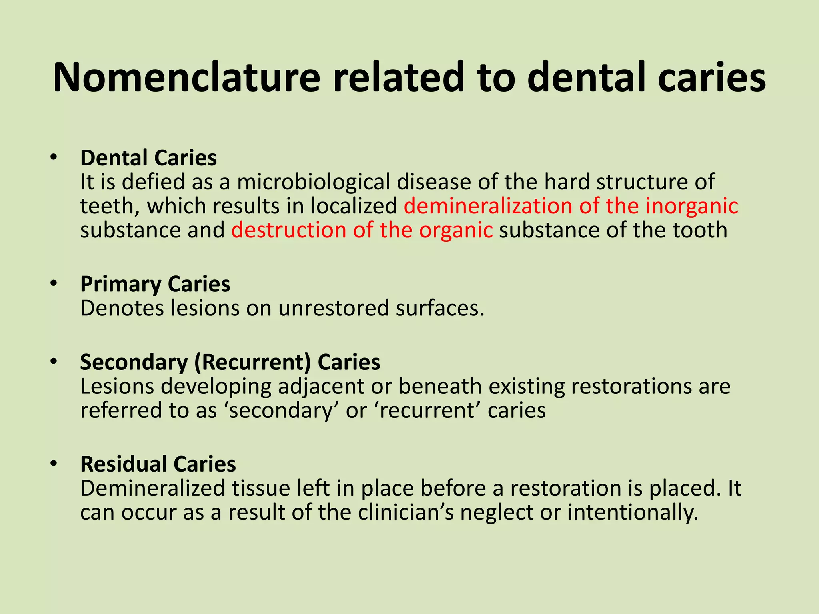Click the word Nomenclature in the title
(x=186, y=77)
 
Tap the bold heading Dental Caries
(x=148, y=158)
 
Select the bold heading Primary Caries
(x=155, y=284)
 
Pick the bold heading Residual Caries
(x=158, y=464)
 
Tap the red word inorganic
(x=692, y=206)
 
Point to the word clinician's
(x=406, y=512)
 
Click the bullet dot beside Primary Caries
(x=54, y=284)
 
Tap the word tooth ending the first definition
(x=700, y=230)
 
